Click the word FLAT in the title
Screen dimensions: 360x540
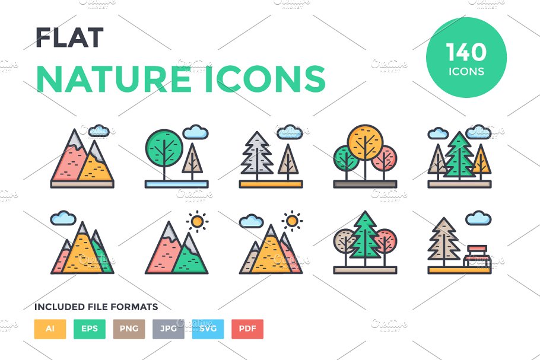[69, 39]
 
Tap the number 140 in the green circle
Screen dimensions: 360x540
[466, 53]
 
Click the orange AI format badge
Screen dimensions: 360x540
[50, 329]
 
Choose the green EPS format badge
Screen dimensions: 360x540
[90, 329]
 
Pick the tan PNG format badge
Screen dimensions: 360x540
[129, 329]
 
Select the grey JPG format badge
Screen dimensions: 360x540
[168, 329]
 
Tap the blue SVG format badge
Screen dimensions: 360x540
[208, 329]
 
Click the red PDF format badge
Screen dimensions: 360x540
[247, 329]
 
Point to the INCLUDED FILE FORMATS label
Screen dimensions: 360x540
[96, 307]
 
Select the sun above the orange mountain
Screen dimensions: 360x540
[291, 221]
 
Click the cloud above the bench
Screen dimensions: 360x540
[478, 219]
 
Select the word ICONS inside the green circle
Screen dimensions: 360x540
[466, 72]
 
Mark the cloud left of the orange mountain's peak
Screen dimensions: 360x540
[252, 222]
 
